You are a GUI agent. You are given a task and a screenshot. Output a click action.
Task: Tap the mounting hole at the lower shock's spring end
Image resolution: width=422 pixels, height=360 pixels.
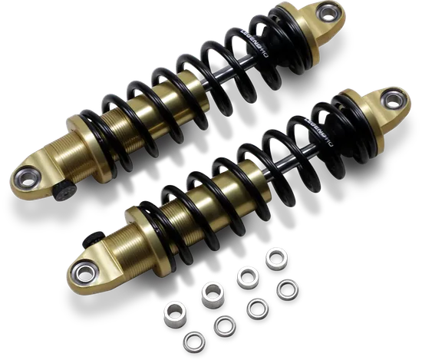(394, 97)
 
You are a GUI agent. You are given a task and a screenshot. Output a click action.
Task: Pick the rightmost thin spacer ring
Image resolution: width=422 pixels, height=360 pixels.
(288, 290)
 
